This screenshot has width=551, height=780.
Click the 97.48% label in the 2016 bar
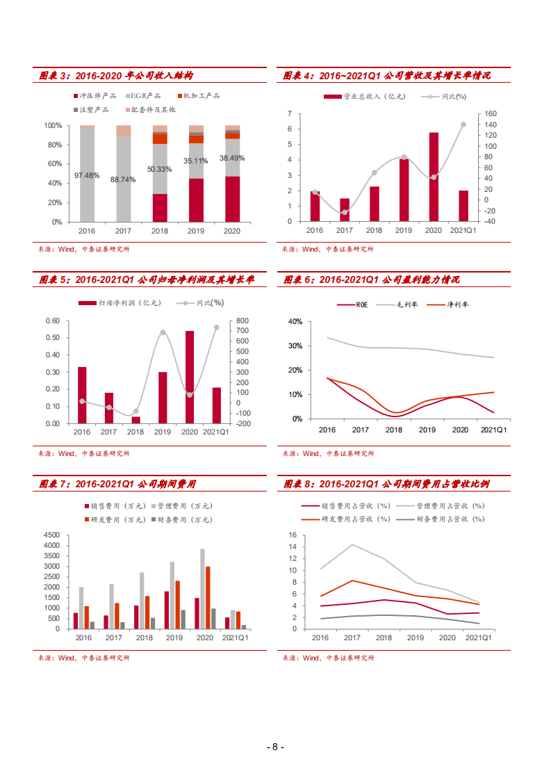pos(88,174)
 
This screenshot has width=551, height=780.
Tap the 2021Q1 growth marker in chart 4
pos(463,124)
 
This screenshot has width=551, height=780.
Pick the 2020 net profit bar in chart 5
pos(190,377)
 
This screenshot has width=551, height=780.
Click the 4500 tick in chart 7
pos(52,535)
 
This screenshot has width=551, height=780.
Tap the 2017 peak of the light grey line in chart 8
pos(353,545)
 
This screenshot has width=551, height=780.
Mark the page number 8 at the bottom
pos(275,747)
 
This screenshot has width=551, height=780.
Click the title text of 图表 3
pos(115,75)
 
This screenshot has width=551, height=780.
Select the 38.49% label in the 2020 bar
pos(233,159)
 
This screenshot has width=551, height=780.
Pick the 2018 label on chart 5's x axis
pos(135,432)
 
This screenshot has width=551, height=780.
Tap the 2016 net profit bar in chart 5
pos(82,395)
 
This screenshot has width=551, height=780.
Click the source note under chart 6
pos(328,453)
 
